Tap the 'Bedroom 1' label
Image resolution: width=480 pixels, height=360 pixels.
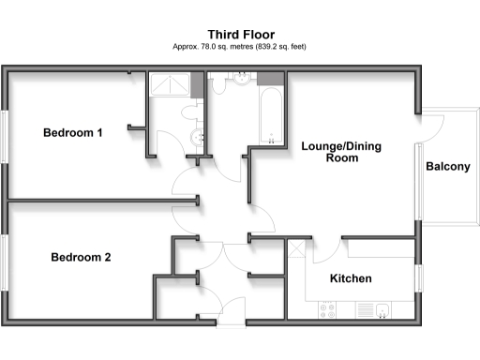point(73,133)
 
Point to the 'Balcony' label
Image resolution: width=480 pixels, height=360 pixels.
point(448,167)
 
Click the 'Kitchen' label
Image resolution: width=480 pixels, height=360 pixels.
point(352,278)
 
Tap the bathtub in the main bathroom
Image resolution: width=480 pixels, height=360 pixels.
point(272,117)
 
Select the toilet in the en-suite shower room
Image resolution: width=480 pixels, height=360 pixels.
point(192,112)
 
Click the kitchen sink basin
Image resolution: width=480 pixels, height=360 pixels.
point(383,308)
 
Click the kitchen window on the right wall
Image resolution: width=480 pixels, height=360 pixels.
point(415,278)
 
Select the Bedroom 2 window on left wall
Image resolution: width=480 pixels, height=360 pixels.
point(5,262)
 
